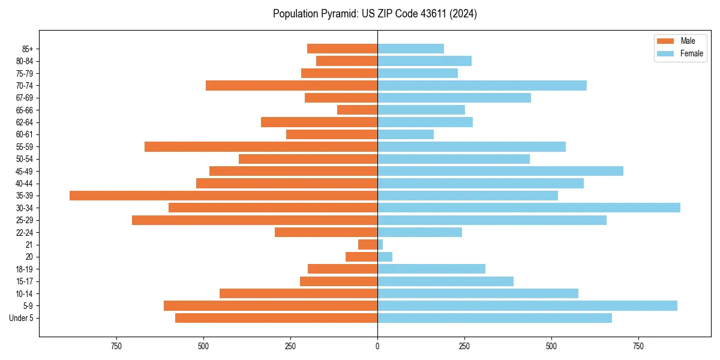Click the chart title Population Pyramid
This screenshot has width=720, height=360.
pos(374,14)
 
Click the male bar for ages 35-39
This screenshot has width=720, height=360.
pos(223,196)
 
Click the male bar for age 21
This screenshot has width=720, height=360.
pos(368,245)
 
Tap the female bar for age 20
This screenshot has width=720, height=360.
pos(385,257)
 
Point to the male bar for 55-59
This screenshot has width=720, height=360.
pos(261,147)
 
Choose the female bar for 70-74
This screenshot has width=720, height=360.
pos(482,86)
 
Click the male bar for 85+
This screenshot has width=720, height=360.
pos(342,49)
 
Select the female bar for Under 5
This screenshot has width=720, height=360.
pos(494,318)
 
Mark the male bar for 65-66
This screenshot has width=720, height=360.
pos(357,110)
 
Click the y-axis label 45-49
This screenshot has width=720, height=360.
pos(25,171)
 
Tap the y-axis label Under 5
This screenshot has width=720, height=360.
pos(22,318)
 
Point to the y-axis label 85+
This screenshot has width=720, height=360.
pos(27,49)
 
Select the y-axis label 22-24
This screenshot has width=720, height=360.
pos(25,232)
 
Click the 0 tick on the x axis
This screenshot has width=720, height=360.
pos(377,346)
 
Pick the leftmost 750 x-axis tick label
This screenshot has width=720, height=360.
pos(116,346)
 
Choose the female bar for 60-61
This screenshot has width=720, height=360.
pos(406,134)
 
